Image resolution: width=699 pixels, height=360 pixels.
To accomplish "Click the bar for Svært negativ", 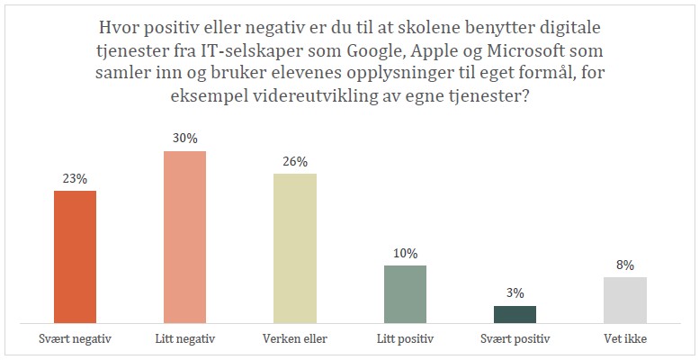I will (76, 256).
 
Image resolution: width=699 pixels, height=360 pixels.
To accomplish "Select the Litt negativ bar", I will (185, 237).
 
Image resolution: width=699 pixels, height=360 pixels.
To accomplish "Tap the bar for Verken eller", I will (295, 247).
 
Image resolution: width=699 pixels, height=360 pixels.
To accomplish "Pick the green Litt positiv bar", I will (405, 293).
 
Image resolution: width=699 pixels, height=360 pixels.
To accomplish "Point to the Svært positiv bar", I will (515, 313).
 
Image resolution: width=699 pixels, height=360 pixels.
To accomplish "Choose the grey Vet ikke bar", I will (624, 299).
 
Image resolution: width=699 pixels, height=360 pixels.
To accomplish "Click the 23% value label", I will (76, 179).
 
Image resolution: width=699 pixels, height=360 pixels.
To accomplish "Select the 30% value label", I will (185, 139).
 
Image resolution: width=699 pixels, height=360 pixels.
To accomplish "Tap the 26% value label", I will (295, 162).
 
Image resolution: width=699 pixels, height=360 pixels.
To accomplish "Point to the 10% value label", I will (405, 254).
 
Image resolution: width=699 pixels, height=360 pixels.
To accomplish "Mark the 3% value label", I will (515, 293).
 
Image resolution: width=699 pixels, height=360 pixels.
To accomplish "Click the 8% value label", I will (624, 265).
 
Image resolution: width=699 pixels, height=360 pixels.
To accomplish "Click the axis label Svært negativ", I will (76, 339).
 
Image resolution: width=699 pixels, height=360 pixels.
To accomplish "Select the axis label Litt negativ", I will (185, 339).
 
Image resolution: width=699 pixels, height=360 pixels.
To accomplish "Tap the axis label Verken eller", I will (295, 339).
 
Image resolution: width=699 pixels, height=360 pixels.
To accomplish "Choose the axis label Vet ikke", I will (624, 339).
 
